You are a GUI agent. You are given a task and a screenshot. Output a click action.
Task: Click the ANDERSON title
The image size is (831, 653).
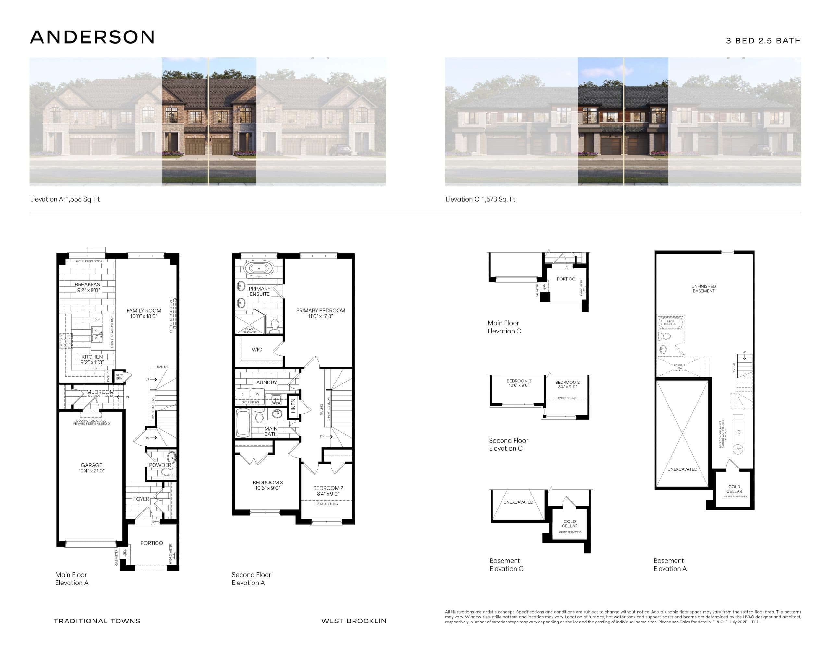tap(92, 37)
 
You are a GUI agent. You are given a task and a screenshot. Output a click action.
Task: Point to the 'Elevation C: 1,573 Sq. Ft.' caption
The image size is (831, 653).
tap(481, 199)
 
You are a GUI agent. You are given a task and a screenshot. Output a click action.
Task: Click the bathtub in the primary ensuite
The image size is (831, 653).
tap(259, 268)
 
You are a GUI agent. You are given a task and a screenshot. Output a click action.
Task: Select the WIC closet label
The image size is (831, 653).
tap(257, 349)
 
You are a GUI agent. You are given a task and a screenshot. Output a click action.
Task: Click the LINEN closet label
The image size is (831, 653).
tap(293, 406)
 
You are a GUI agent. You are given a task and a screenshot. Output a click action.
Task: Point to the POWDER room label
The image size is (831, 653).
tap(160, 465)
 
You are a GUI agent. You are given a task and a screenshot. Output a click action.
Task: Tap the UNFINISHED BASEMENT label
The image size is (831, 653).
tap(703, 289)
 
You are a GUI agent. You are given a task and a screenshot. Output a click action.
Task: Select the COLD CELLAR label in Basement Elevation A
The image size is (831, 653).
tap(734, 489)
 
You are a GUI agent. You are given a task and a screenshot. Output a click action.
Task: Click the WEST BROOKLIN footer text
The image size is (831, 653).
tap(353, 621)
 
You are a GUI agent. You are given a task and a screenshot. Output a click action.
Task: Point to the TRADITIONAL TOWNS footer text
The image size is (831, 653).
tap(97, 621)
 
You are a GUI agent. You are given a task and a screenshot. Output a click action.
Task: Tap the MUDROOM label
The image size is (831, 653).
tap(100, 392)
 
